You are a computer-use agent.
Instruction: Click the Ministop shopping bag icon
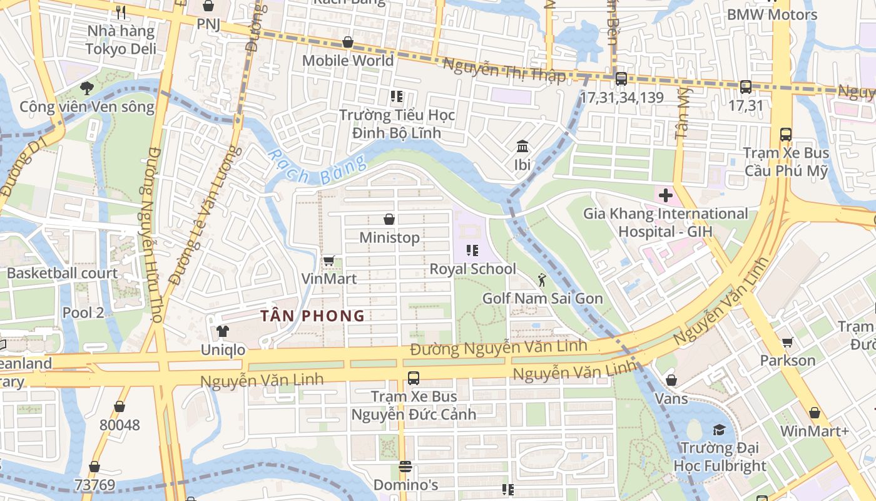389,219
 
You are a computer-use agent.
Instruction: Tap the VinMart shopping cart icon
328,261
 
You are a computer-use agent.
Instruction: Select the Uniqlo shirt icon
223,331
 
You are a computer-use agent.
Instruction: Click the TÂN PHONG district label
312,316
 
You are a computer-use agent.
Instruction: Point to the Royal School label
472,269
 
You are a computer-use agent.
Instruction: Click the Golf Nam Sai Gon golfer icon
542,280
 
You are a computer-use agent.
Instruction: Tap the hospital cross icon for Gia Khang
665,195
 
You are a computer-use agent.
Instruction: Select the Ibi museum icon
522,147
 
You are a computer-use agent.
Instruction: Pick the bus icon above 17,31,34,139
621,79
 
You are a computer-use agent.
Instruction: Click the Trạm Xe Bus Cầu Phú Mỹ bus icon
786,135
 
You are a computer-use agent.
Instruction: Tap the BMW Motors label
772,14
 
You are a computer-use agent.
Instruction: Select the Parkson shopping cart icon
788,342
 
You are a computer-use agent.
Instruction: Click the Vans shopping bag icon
671,380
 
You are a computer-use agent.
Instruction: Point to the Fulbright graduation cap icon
719,430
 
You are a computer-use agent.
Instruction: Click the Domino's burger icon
405,467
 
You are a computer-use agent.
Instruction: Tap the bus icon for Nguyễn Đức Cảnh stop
413,378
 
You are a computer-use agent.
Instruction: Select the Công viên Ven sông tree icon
86,88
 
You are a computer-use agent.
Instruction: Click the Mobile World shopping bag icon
347,43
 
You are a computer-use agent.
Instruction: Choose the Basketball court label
62,273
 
